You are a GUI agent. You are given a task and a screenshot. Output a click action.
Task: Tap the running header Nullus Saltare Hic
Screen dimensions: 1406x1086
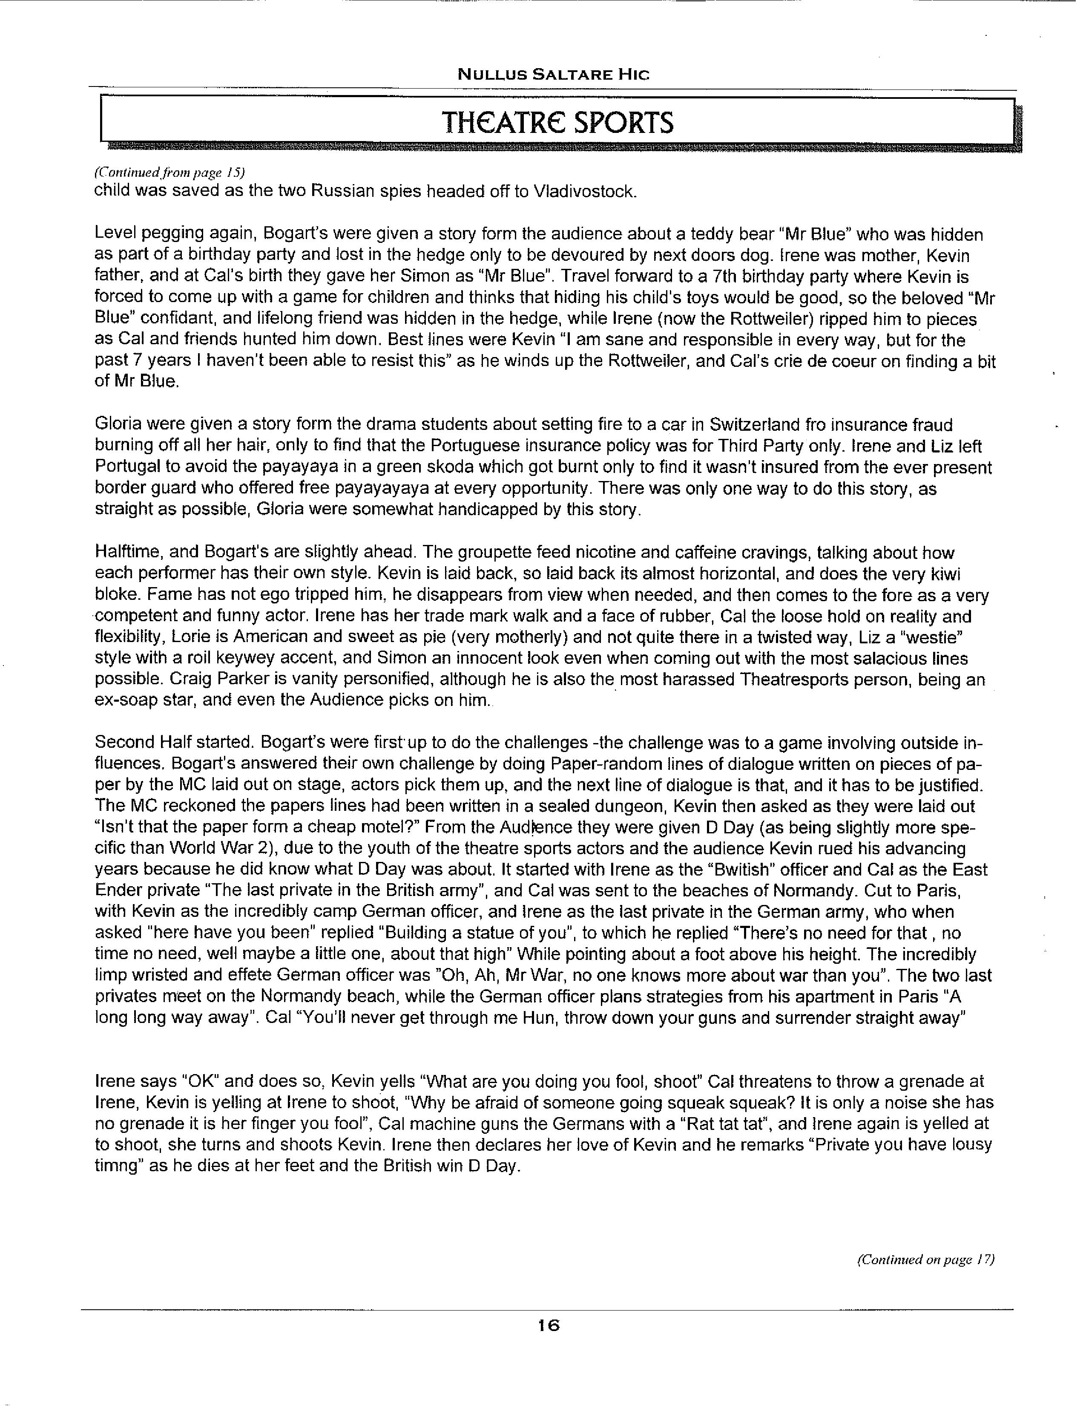pyautogui.click(x=553, y=75)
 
